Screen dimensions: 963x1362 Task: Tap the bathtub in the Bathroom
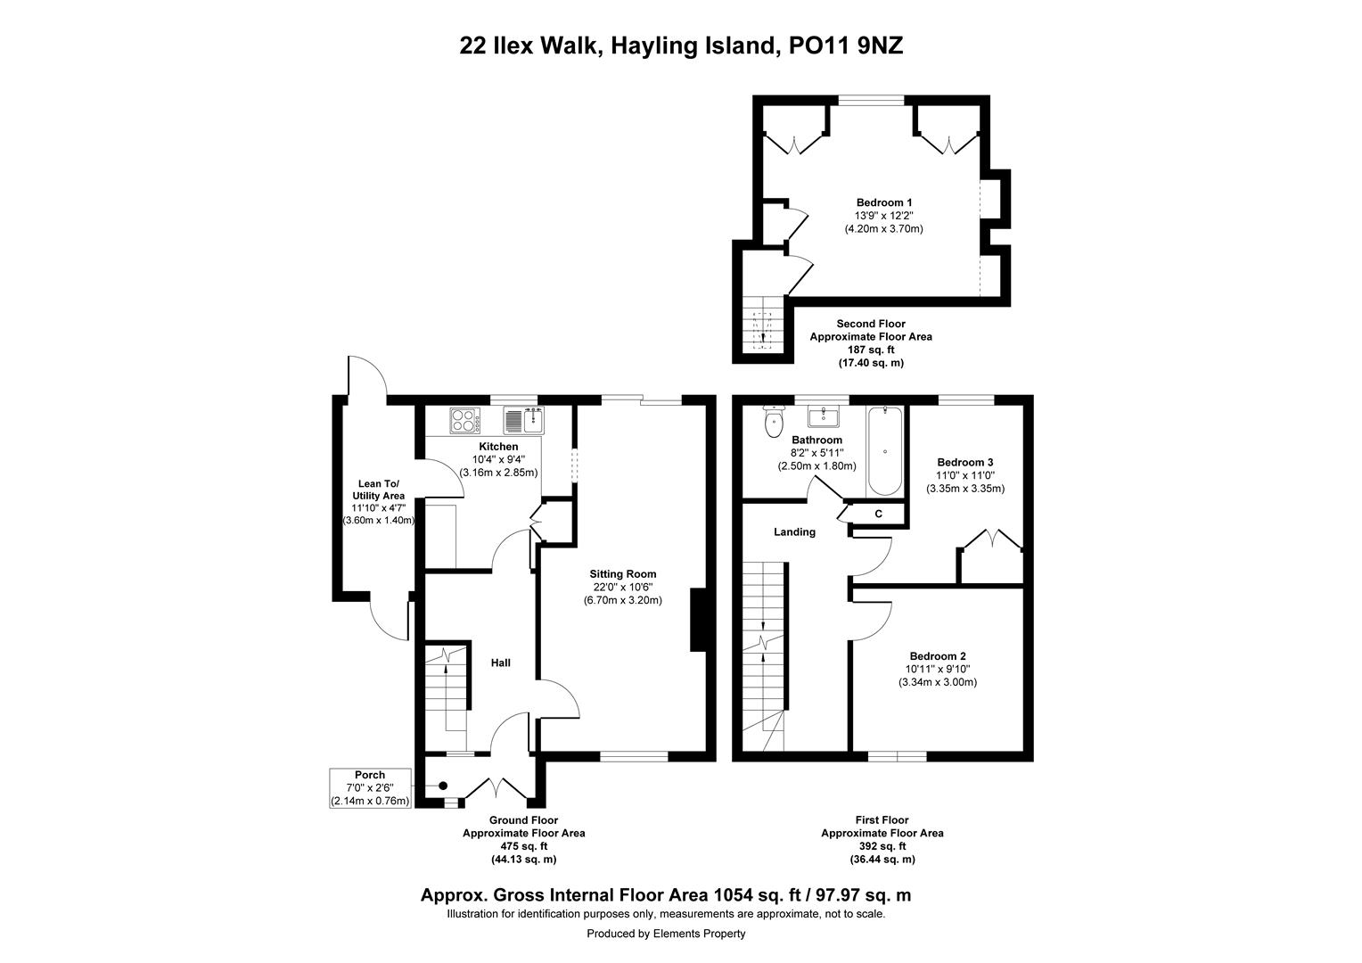pyautogui.click(x=884, y=451)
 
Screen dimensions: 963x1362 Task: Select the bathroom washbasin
pyautogui.click(x=825, y=416)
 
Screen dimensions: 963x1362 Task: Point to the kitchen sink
pyautogui.click(x=524, y=419)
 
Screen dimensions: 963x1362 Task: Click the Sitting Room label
pyautogui.click(x=622, y=574)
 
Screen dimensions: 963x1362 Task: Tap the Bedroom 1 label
pyautogui.click(x=883, y=202)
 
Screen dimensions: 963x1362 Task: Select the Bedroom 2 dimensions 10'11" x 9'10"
pyautogui.click(x=937, y=669)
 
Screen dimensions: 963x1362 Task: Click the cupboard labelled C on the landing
pyautogui.click(x=878, y=514)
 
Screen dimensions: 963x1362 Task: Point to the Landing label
pyautogui.click(x=793, y=532)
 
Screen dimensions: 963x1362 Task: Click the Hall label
pyautogui.click(x=501, y=663)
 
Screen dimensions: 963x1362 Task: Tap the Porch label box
pyautogui.click(x=370, y=788)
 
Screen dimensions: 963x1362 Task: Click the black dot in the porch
pyautogui.click(x=443, y=786)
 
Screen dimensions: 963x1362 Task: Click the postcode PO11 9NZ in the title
pyautogui.click(x=847, y=45)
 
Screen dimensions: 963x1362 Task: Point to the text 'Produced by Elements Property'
pyautogui.click(x=666, y=934)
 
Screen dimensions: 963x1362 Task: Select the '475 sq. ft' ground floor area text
pyautogui.click(x=523, y=846)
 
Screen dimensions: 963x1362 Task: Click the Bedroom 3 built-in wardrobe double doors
pyautogui.click(x=991, y=541)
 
